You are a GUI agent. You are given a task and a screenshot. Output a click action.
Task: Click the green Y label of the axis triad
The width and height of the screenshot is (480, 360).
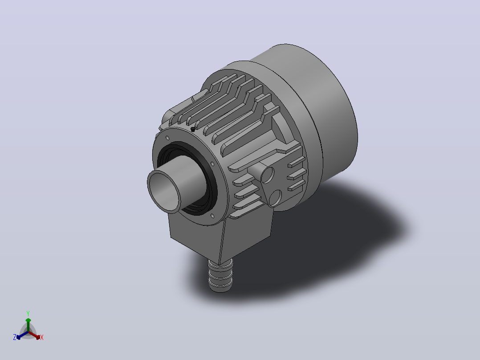coord(28,313)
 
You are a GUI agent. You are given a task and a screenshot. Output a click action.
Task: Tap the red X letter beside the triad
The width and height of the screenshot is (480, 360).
coord(42,337)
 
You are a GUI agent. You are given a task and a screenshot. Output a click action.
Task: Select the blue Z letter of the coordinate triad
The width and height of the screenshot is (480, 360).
coord(15,337)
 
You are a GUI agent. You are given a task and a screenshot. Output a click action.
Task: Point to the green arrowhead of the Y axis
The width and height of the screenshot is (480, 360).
coord(28,320)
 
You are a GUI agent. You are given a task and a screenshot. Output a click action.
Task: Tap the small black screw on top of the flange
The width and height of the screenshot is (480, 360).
coord(192,129)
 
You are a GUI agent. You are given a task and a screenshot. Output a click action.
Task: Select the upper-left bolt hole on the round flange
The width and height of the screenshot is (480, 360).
coord(167,138)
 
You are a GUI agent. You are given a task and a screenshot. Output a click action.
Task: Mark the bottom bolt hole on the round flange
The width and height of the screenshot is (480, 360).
coord(212,216)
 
